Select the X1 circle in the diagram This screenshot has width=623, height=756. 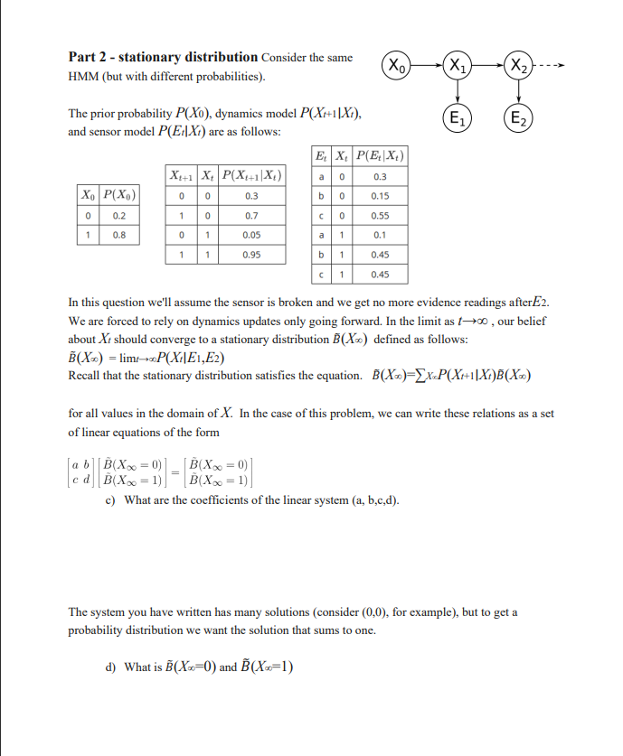458,65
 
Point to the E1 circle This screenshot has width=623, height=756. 458,117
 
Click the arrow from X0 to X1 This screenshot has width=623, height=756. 429,65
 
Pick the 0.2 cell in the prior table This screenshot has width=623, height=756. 119,217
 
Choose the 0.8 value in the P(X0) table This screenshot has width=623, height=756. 119,234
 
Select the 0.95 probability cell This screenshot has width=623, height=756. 251,255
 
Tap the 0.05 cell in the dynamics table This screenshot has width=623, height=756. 251,236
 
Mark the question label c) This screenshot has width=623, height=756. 110,499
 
